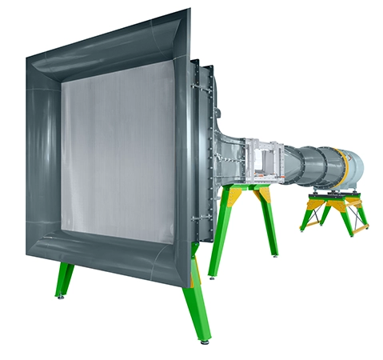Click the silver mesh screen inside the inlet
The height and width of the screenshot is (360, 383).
click(120, 152)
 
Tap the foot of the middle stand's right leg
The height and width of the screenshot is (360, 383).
click(277, 255)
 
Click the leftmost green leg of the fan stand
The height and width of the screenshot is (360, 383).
click(307, 216)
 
